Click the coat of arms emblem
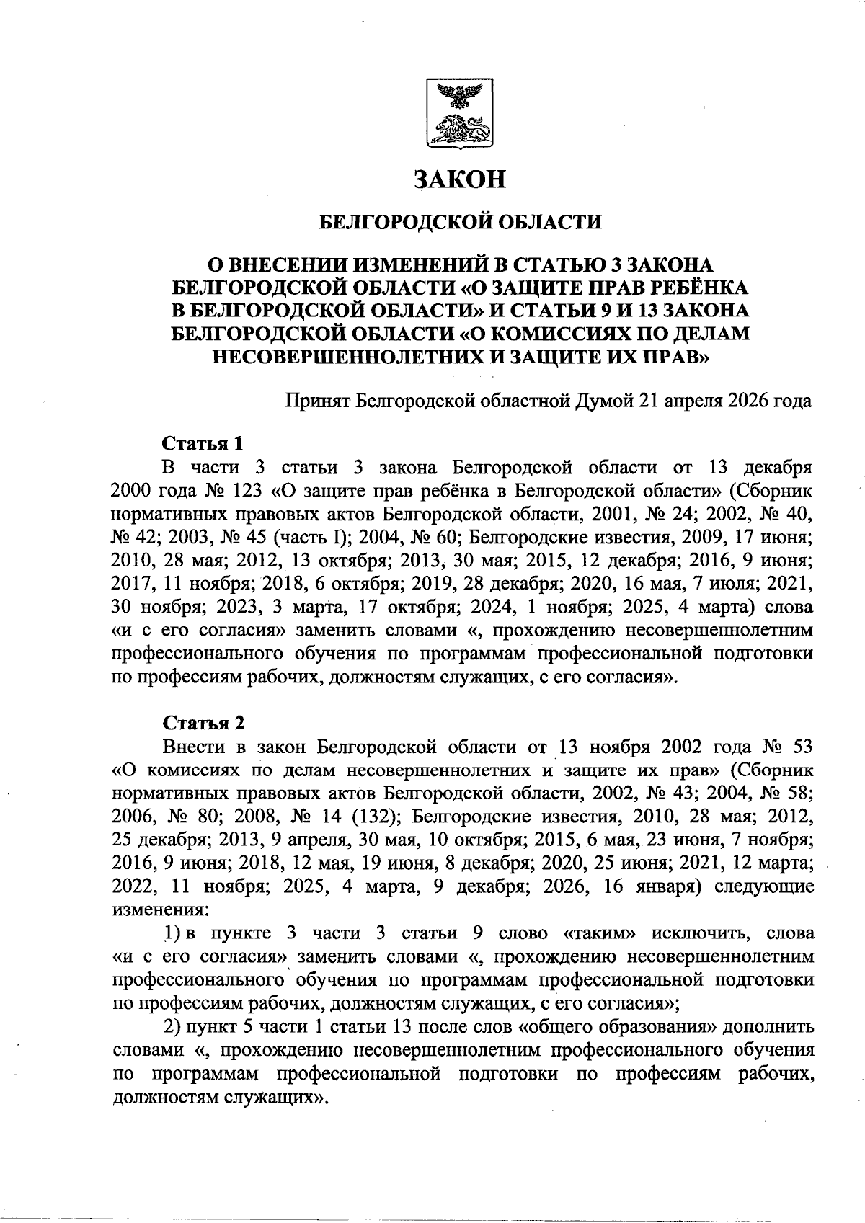[460, 114]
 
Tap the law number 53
[802, 747]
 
